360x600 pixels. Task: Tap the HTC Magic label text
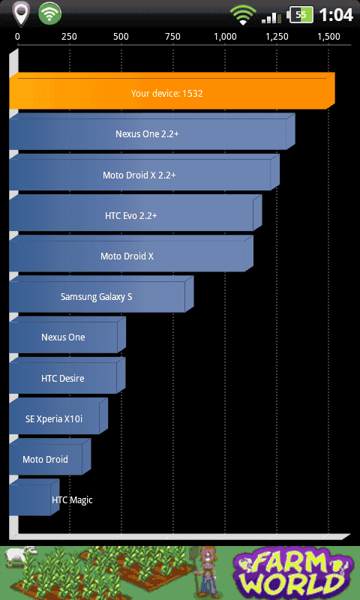click(x=72, y=499)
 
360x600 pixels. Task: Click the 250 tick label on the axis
click(x=69, y=37)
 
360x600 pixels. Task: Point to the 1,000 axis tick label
click(x=225, y=37)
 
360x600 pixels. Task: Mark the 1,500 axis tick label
click(x=328, y=37)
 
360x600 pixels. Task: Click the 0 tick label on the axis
click(x=17, y=37)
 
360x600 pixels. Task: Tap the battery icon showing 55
click(x=301, y=15)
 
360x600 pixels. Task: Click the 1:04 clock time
click(x=336, y=15)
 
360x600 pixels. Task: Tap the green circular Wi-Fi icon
click(x=49, y=14)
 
